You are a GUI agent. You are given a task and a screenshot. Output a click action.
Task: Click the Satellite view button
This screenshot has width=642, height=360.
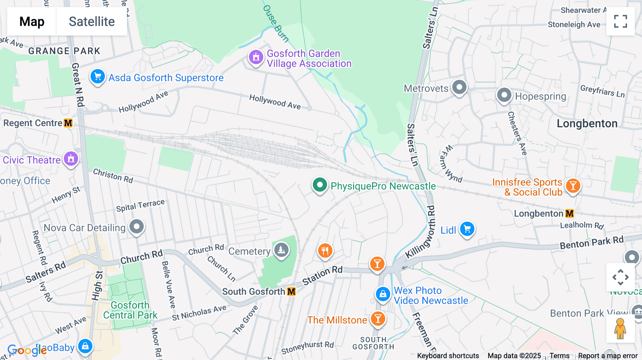click(92, 22)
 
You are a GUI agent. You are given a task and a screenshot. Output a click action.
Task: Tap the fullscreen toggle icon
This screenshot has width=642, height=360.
click(620, 21)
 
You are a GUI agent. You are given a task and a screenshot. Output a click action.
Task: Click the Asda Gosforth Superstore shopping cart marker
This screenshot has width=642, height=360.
click(97, 77)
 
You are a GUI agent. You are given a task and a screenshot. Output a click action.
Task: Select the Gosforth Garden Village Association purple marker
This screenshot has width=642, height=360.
click(256, 57)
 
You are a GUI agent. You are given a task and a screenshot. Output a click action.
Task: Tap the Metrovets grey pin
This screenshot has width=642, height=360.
click(459, 87)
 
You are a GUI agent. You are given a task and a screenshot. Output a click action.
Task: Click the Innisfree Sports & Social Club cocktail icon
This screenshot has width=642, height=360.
click(573, 186)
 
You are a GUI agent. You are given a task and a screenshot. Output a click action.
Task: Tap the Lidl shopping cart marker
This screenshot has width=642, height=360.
click(467, 229)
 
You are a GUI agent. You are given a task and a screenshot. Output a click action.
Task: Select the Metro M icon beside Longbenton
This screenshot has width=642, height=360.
click(570, 214)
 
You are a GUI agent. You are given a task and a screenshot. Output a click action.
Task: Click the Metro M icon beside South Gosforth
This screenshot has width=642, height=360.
click(291, 292)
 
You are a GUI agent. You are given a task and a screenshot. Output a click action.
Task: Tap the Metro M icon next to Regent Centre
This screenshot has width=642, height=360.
click(68, 123)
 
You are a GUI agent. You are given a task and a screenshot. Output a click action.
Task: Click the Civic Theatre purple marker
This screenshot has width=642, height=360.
click(71, 159)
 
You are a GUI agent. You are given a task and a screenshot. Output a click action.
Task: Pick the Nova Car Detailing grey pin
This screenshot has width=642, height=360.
click(136, 227)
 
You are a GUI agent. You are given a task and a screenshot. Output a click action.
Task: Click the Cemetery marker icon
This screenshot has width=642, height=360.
click(281, 250)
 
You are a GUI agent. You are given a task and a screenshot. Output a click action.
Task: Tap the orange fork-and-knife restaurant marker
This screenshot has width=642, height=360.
click(325, 251)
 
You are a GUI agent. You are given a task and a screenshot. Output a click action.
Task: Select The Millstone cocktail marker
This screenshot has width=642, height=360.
click(378, 319)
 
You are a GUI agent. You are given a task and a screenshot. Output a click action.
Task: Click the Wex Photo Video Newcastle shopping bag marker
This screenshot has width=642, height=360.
click(383, 294)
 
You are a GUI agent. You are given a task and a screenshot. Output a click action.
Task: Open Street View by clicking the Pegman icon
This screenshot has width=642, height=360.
click(620, 329)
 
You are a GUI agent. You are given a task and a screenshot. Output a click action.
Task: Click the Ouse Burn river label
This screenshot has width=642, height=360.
click(275, 23)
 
